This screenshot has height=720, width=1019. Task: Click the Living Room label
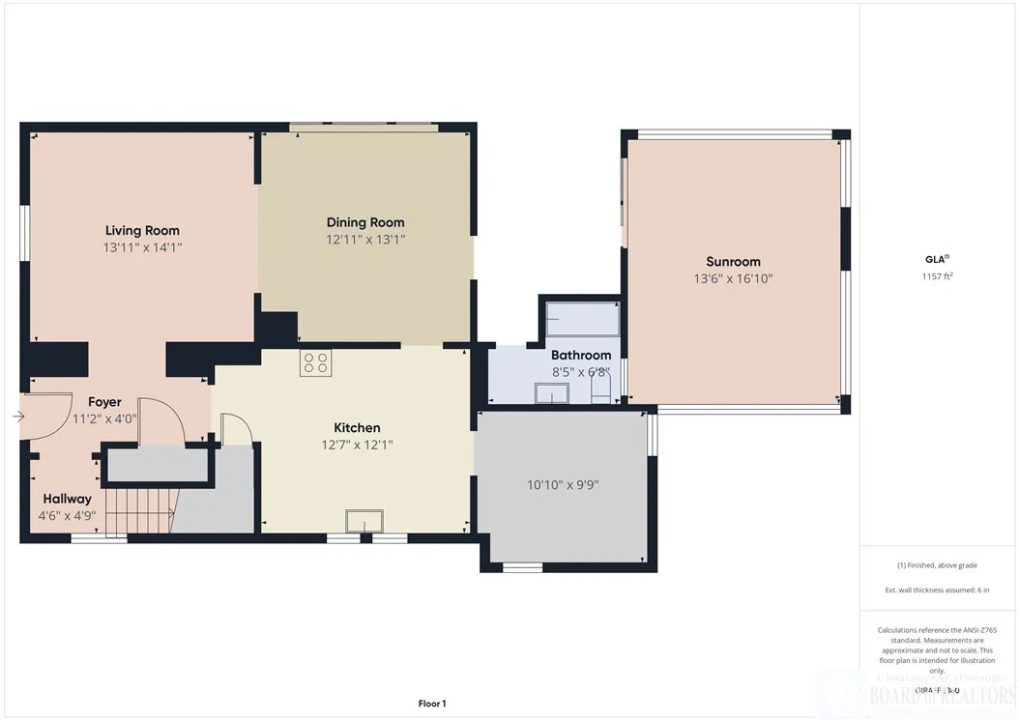pos(142,230)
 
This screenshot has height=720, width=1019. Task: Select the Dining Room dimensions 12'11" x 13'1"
pos(364,239)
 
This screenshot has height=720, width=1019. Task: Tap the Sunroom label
pos(733,261)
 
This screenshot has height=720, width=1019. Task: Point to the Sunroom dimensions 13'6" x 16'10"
pos(733,278)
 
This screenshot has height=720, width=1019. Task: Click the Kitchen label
pos(357,427)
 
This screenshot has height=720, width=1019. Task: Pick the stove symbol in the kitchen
pos(315,363)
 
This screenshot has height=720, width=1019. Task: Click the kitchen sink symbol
pos(364,520)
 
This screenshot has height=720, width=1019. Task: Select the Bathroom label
pos(581,355)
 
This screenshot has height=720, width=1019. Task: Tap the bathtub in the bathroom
pos(582,317)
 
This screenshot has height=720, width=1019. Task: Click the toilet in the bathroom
pos(600,389)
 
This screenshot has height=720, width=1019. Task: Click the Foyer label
pos(105,402)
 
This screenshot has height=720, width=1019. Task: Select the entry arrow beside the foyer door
pos(18,417)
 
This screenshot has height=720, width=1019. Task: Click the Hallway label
pos(67,499)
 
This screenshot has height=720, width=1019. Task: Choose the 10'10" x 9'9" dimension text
pos(563,485)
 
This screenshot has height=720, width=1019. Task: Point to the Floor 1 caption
pos(431,704)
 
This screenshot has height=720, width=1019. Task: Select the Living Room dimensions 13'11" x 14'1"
pos(142,247)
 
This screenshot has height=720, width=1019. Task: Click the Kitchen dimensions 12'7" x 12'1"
pos(357,445)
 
